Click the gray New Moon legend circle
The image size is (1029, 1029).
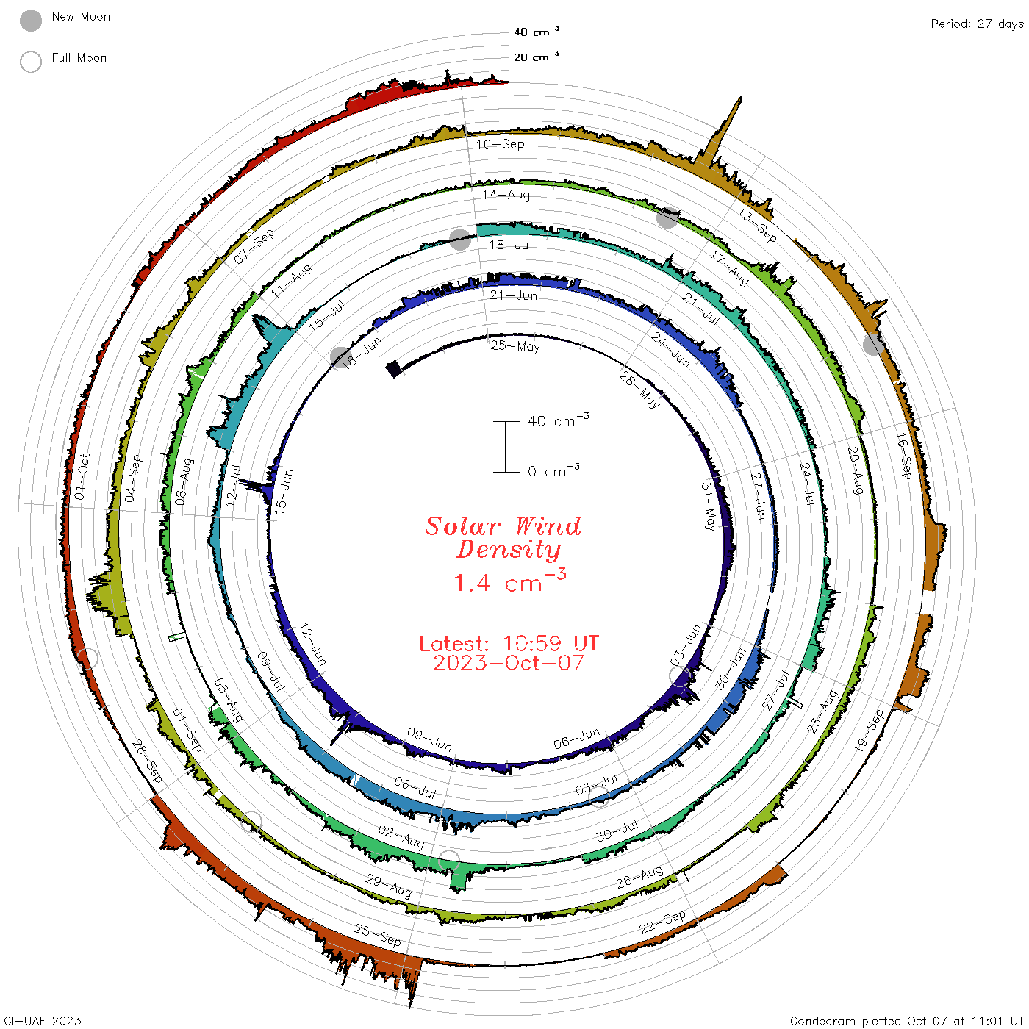[31, 21]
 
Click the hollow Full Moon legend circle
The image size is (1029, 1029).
[31, 62]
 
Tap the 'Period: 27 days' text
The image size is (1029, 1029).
[977, 24]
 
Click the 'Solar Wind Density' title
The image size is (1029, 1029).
[503, 538]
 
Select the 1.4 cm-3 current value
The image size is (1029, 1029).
[510, 581]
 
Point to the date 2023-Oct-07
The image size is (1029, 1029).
[509, 663]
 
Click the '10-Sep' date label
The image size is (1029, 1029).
[500, 144]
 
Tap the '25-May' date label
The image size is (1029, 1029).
[515, 346]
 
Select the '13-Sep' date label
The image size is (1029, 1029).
[757, 225]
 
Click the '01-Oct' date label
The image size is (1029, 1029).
[81, 477]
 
